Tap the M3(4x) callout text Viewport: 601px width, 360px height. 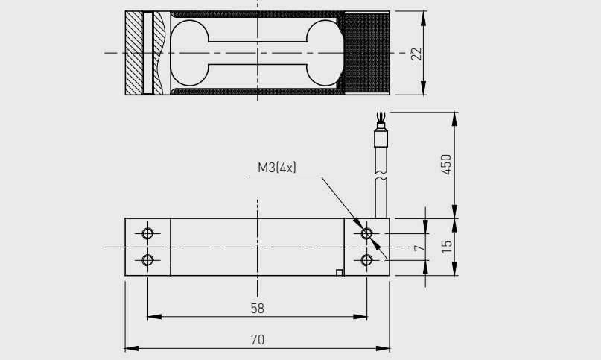point(277,168)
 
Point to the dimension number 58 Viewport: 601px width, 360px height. point(257,307)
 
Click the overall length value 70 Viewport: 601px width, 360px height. point(257,339)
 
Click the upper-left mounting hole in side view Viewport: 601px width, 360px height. point(147,233)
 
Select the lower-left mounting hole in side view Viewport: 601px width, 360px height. point(147,259)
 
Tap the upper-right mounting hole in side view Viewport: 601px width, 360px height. point(366,233)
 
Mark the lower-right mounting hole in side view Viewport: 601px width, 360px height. point(366,259)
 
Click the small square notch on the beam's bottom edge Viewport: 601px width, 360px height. point(340,272)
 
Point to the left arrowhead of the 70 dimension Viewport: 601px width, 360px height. point(129,347)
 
